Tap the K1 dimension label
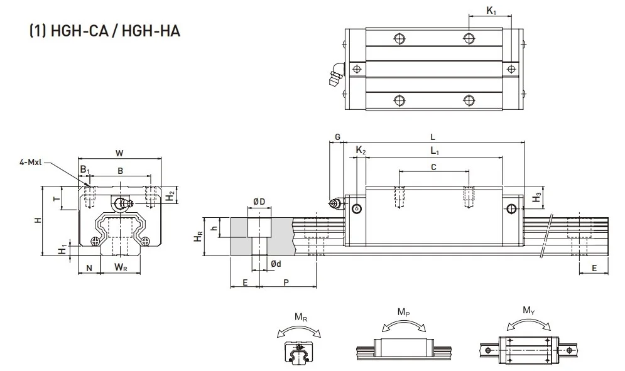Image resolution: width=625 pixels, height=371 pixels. click(x=491, y=11)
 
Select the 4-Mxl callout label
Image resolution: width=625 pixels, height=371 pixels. click(x=31, y=162)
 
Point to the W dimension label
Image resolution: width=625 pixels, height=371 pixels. click(x=119, y=153)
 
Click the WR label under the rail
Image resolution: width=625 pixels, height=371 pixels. click(x=121, y=267)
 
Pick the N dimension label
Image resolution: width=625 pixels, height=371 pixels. click(x=89, y=268)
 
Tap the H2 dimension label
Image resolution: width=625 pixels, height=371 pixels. click(x=170, y=196)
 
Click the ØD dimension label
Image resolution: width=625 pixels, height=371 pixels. click(x=259, y=202)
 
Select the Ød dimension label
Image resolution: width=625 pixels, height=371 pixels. click(x=276, y=264)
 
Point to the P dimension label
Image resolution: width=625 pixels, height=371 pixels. click(x=286, y=282)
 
